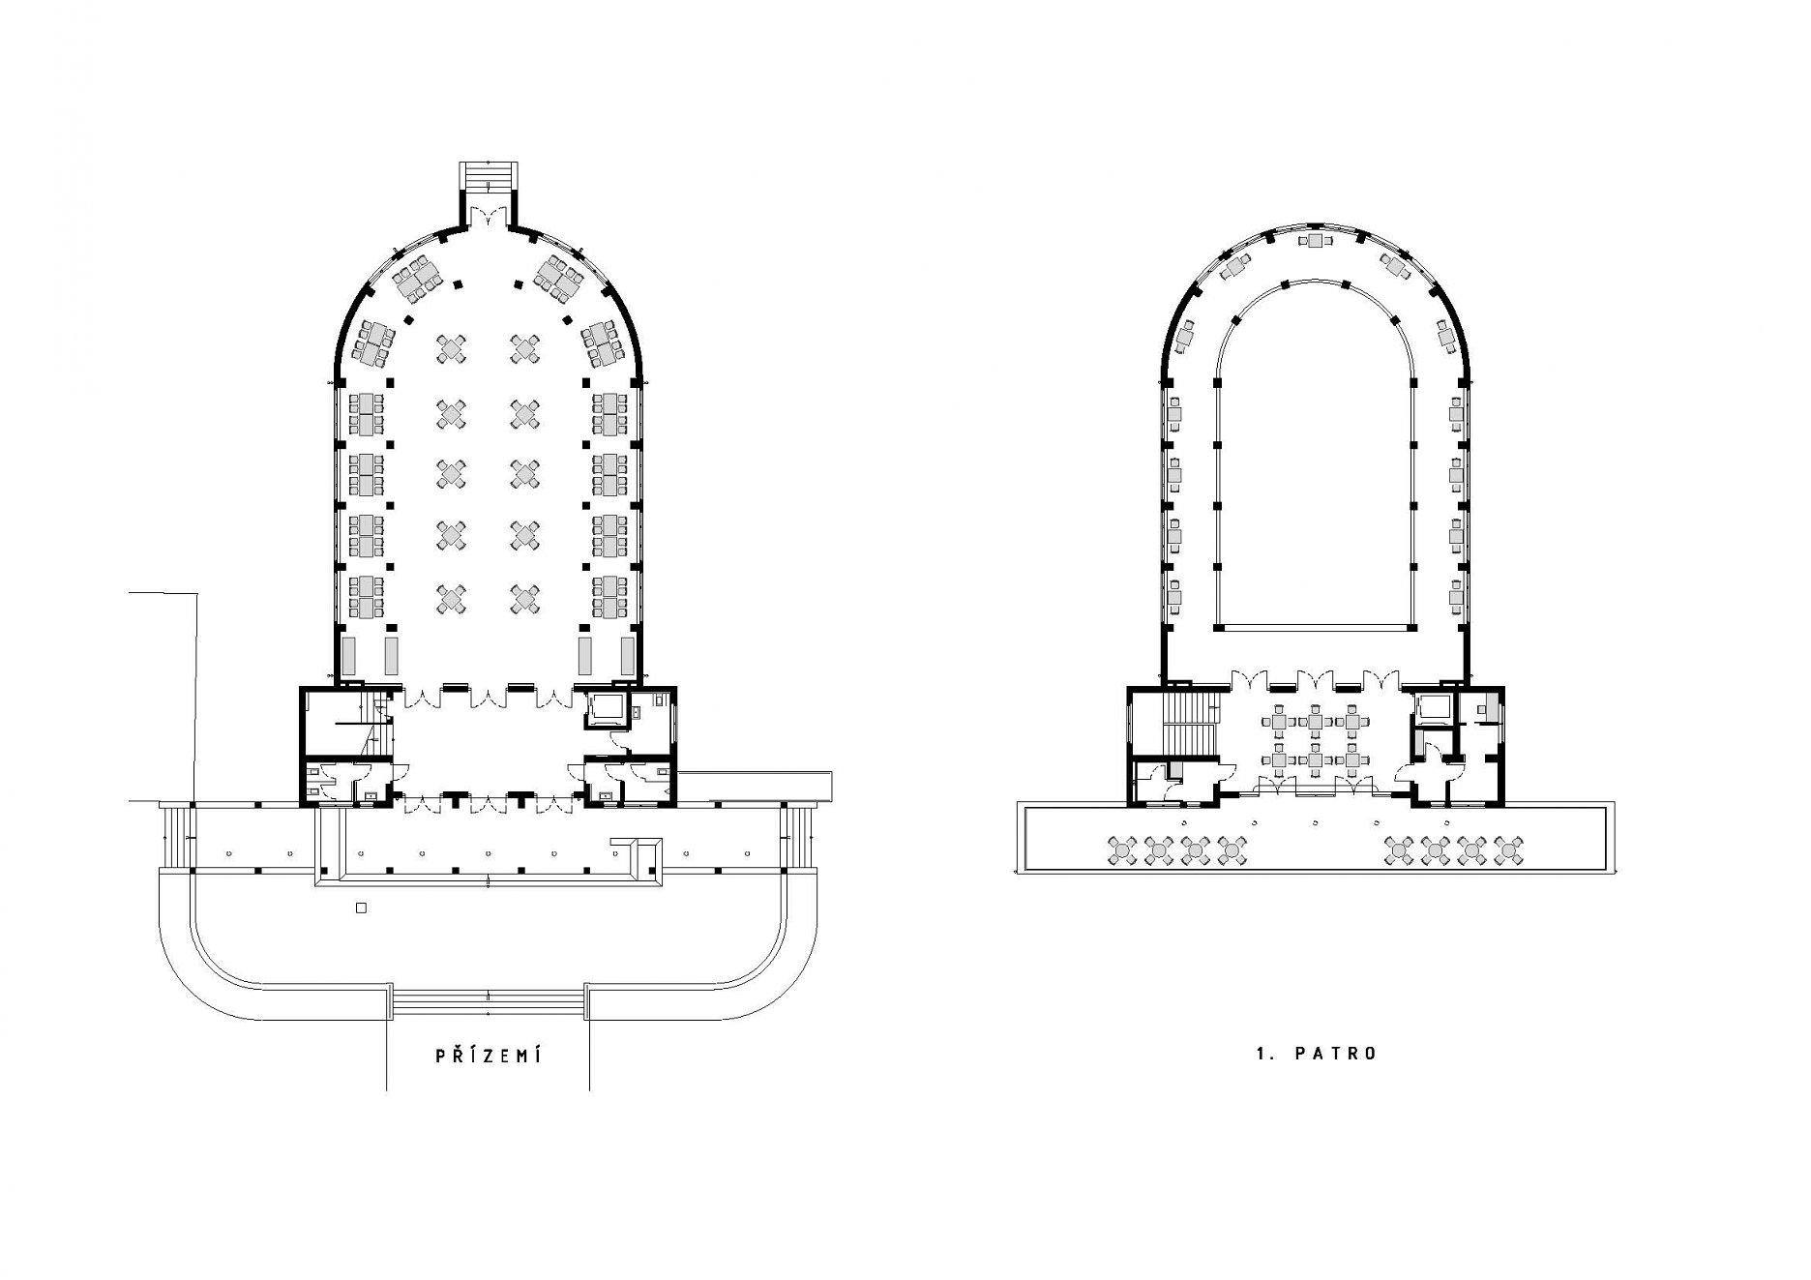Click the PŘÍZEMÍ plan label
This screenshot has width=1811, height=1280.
tap(488, 1055)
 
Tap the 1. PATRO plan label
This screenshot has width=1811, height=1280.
tap(1316, 1054)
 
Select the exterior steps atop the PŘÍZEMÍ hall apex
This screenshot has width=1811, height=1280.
tap(489, 175)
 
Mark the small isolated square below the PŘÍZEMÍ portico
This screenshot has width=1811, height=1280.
tap(361, 908)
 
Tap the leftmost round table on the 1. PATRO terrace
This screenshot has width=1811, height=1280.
tap(1122, 850)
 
